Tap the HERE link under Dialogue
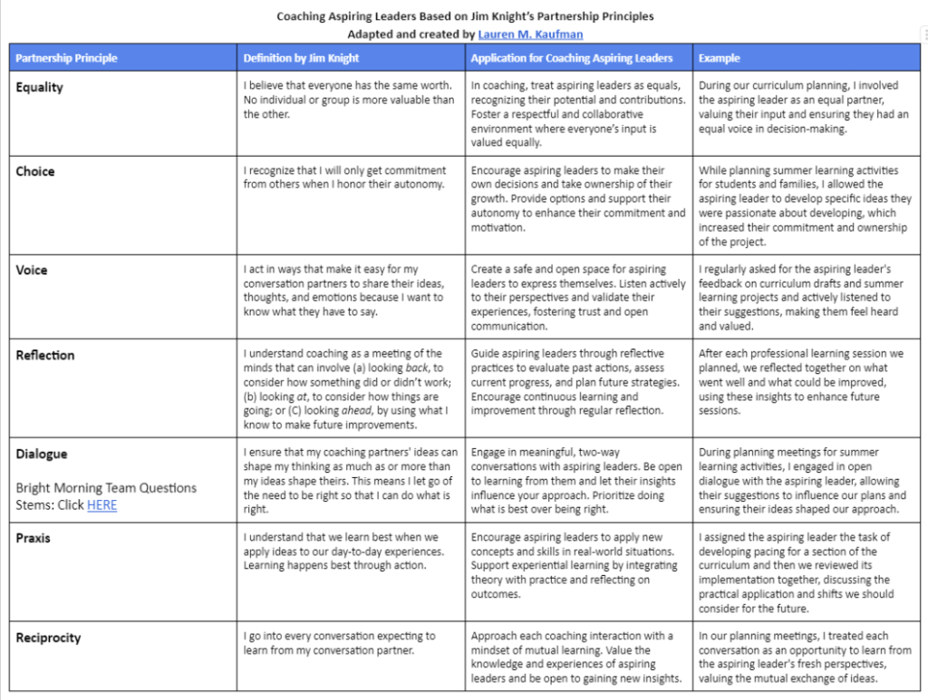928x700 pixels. tap(101, 505)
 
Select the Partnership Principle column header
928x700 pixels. tap(66, 59)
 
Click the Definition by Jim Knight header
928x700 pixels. tap(301, 59)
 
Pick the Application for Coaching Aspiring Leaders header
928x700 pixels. tap(571, 59)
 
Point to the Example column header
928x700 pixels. tap(719, 59)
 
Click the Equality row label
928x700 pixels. tap(40, 88)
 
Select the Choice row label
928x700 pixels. tap(35, 171)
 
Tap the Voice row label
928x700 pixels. tap(32, 270)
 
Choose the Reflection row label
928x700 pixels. tap(45, 355)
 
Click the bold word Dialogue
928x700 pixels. tap(42, 454)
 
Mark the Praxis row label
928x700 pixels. tap(34, 538)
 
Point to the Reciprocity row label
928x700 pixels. tap(48, 638)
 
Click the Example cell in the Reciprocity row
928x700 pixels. tap(805, 657)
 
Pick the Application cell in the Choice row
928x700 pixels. tap(578, 198)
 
